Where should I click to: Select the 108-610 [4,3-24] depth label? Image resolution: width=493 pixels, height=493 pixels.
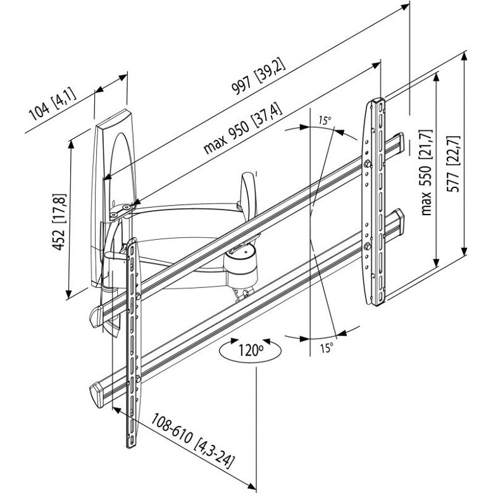pyautogui.click(x=193, y=441)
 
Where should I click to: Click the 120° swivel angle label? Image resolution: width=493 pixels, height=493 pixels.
pyautogui.click(x=251, y=350)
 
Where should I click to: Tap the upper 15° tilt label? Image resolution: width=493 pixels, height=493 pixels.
pyautogui.click(x=325, y=120)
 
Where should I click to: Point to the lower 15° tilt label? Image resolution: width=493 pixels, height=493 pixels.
pyautogui.click(x=327, y=347)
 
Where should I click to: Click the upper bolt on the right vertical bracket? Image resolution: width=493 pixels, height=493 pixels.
pyautogui.click(x=367, y=164)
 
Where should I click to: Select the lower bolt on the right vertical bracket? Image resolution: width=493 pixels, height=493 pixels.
pyautogui.click(x=367, y=246)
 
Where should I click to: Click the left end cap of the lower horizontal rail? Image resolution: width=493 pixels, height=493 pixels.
pyautogui.click(x=97, y=394)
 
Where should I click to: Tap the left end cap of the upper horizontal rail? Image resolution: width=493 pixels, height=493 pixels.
pyautogui.click(x=97, y=316)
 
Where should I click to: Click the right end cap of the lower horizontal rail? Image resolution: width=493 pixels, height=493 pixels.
pyautogui.click(x=399, y=220)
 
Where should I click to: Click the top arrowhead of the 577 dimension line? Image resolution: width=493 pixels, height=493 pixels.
pyautogui.click(x=464, y=56)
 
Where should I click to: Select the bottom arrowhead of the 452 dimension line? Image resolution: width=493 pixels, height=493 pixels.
pyautogui.click(x=69, y=294)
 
